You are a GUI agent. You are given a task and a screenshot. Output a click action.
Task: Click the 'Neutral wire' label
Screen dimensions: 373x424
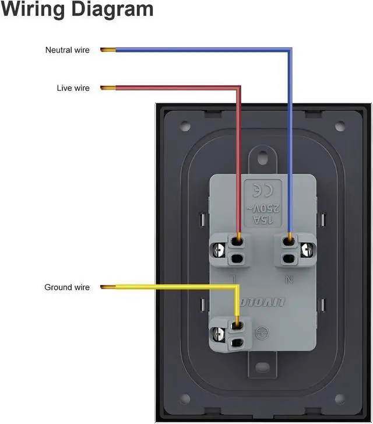point(68,50)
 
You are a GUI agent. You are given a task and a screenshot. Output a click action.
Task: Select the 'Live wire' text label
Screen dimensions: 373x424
point(73,88)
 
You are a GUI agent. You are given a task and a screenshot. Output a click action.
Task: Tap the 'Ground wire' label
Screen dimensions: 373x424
point(67,288)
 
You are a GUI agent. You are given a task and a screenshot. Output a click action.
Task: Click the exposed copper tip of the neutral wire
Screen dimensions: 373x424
point(107,50)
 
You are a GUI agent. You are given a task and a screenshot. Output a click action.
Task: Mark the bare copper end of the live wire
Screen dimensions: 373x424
point(107,88)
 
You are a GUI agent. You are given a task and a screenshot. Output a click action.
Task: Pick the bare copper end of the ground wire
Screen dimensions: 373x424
point(107,287)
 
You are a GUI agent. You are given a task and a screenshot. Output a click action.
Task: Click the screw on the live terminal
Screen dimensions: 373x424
point(219,250)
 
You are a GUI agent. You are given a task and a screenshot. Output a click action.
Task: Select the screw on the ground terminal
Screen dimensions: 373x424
point(217,334)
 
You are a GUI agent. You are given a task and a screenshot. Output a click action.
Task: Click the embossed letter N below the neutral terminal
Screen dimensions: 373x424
point(290,280)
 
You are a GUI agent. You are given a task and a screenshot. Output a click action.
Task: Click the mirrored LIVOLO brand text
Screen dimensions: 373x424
point(263,302)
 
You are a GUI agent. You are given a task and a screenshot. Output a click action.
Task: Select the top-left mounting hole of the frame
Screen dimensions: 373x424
point(185,125)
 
